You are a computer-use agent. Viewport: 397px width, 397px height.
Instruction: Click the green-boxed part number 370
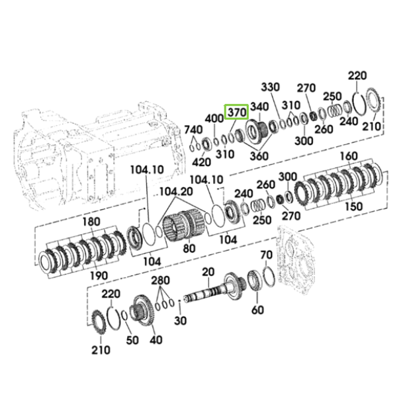pyautogui.click(x=237, y=112)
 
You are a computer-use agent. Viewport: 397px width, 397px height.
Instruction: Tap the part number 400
pyautogui.click(x=214, y=118)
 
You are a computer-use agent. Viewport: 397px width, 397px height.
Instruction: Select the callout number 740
pyautogui.click(x=193, y=130)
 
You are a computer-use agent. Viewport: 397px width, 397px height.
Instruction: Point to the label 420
pyautogui.click(x=202, y=162)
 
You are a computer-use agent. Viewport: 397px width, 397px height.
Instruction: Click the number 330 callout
pyautogui.click(x=271, y=87)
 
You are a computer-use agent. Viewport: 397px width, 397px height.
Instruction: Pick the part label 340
pyautogui.click(x=259, y=107)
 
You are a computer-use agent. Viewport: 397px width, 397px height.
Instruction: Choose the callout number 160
pyautogui.click(x=349, y=156)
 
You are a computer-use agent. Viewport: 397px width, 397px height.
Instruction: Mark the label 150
pyautogui.click(x=354, y=206)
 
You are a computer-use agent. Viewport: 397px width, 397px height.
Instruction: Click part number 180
pyautogui.click(x=91, y=222)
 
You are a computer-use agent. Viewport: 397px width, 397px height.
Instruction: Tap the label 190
pyautogui.click(x=99, y=275)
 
